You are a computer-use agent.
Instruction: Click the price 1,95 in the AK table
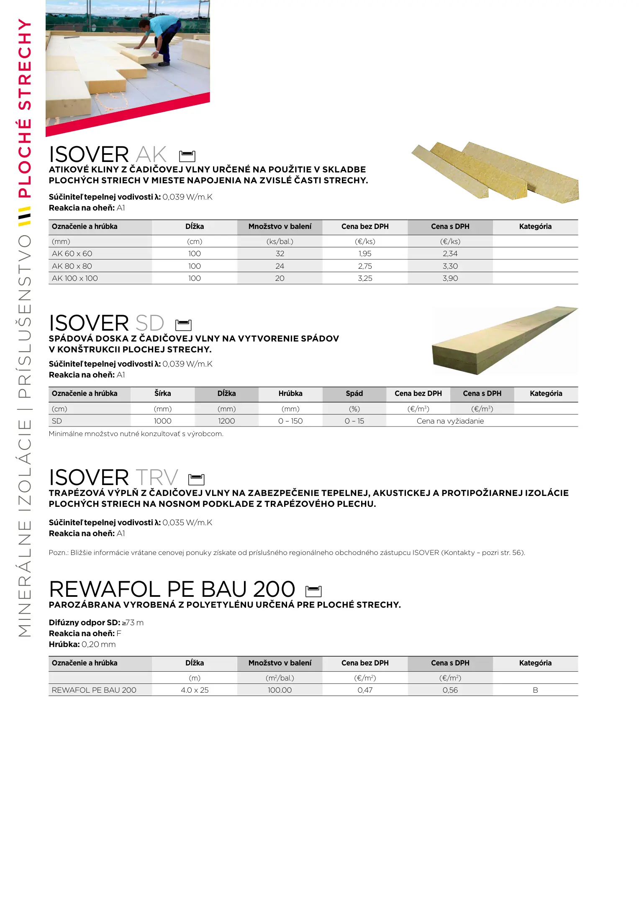365,254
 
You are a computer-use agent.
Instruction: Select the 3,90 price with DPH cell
450,278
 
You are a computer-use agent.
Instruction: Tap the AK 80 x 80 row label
72,266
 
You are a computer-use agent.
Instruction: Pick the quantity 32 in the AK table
280,254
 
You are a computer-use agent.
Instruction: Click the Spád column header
354,393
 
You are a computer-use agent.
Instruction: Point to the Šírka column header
162,393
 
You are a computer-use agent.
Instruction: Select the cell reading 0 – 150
290,421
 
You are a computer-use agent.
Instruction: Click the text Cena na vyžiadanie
450,421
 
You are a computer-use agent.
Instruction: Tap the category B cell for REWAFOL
535,690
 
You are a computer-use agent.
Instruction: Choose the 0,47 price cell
365,690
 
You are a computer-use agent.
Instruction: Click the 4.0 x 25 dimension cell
195,690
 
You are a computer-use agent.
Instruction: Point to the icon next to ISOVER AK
187,156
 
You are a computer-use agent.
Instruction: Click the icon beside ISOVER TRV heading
196,479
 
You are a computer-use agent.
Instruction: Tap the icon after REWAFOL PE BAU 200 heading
313,591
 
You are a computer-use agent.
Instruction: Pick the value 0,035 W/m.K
187,523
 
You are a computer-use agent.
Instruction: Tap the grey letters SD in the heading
150,324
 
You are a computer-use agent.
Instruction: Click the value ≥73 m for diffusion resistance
133,623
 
